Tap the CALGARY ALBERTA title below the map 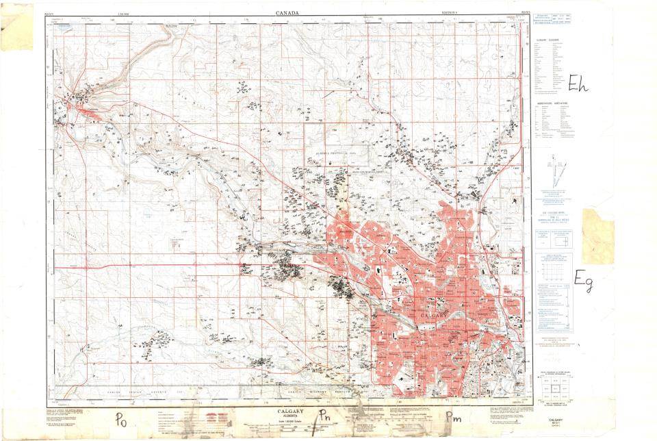pyautogui.click(x=293, y=412)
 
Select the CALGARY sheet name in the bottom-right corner pyautogui.click(x=555, y=418)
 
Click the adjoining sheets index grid pyautogui.click(x=555, y=391)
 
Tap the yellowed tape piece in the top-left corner pyautogui.click(x=16, y=27)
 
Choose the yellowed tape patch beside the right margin pyautogui.click(x=601, y=236)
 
